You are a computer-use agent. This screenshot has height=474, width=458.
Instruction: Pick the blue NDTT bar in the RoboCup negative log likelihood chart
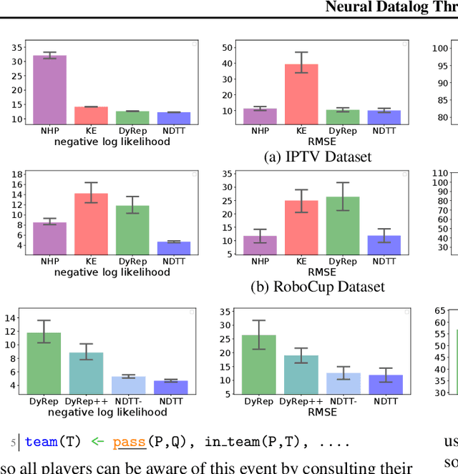click(x=174, y=248)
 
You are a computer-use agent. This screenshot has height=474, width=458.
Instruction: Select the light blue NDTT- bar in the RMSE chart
click(x=343, y=383)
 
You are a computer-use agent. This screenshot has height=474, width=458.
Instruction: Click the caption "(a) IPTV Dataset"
click(x=317, y=157)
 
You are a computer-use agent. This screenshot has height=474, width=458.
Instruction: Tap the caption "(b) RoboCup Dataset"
click(x=317, y=287)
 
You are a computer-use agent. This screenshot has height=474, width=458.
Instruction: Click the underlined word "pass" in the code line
click(x=129, y=442)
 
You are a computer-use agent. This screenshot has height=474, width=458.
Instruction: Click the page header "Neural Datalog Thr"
click(x=391, y=7)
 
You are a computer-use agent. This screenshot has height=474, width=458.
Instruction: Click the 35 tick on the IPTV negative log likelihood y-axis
click(x=17, y=48)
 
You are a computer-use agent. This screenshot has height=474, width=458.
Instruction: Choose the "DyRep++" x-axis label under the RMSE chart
click(x=301, y=401)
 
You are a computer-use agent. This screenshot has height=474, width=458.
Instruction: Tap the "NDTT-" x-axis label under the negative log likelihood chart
click(x=129, y=401)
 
